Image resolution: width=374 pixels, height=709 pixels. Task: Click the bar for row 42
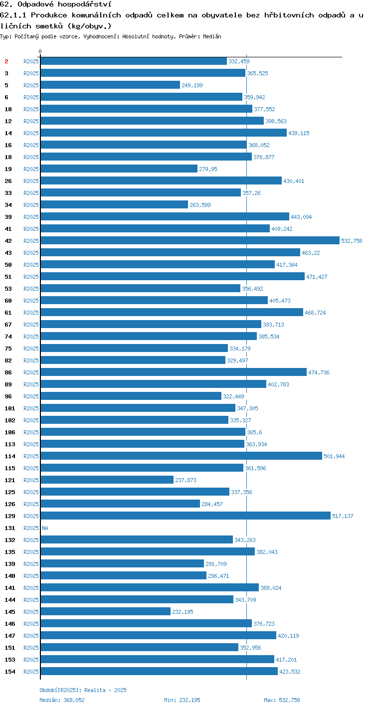(190, 240)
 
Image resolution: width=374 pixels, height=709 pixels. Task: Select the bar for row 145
(106, 611)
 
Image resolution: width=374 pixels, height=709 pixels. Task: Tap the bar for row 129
(186, 516)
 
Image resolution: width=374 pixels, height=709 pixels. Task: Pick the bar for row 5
(111, 85)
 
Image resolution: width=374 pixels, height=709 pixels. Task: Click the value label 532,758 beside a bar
(352, 241)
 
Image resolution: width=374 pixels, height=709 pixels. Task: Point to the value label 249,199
(192, 85)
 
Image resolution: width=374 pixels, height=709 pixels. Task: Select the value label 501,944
(334, 456)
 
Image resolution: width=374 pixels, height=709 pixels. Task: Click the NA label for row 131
(45, 528)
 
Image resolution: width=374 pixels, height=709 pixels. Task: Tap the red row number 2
(6, 61)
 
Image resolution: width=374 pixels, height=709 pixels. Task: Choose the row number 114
(10, 456)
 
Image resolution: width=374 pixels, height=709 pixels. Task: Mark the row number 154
(10, 671)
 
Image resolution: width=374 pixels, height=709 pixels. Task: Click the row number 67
(8, 325)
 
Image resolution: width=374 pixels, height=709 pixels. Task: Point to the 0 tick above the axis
(40, 51)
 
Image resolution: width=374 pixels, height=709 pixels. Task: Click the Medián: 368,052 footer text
(62, 700)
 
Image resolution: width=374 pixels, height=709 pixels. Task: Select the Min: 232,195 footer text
(182, 700)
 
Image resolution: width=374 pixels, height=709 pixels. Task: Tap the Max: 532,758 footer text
(282, 700)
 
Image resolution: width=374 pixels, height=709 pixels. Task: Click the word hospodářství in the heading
(85, 4)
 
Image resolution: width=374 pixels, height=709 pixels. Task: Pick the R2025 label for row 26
(31, 181)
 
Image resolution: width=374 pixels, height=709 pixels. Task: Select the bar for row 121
(107, 480)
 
